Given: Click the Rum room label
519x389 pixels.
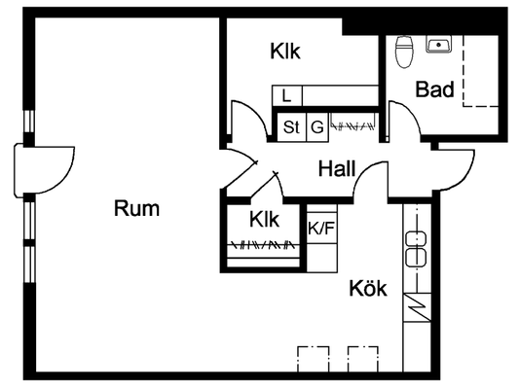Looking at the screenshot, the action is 136,208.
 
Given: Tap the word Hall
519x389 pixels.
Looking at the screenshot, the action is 337,168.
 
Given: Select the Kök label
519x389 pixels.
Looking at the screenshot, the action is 368,288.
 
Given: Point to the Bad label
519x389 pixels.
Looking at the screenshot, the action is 434,89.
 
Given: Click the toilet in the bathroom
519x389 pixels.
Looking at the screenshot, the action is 404,52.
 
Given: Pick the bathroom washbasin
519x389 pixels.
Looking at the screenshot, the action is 439,45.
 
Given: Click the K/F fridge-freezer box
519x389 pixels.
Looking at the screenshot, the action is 321,228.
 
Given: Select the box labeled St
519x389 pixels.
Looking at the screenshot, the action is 291,127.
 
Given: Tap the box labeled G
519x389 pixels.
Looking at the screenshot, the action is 317,127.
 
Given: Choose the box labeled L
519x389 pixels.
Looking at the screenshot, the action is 286,96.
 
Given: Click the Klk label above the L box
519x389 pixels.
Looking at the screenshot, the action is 285,52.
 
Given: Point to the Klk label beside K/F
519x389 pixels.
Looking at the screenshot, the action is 264,219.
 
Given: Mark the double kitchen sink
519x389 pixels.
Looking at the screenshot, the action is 416,249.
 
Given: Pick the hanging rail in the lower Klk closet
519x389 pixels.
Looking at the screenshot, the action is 263,245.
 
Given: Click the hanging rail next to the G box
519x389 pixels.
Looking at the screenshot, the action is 353,125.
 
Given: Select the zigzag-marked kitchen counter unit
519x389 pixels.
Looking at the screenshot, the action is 417,307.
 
